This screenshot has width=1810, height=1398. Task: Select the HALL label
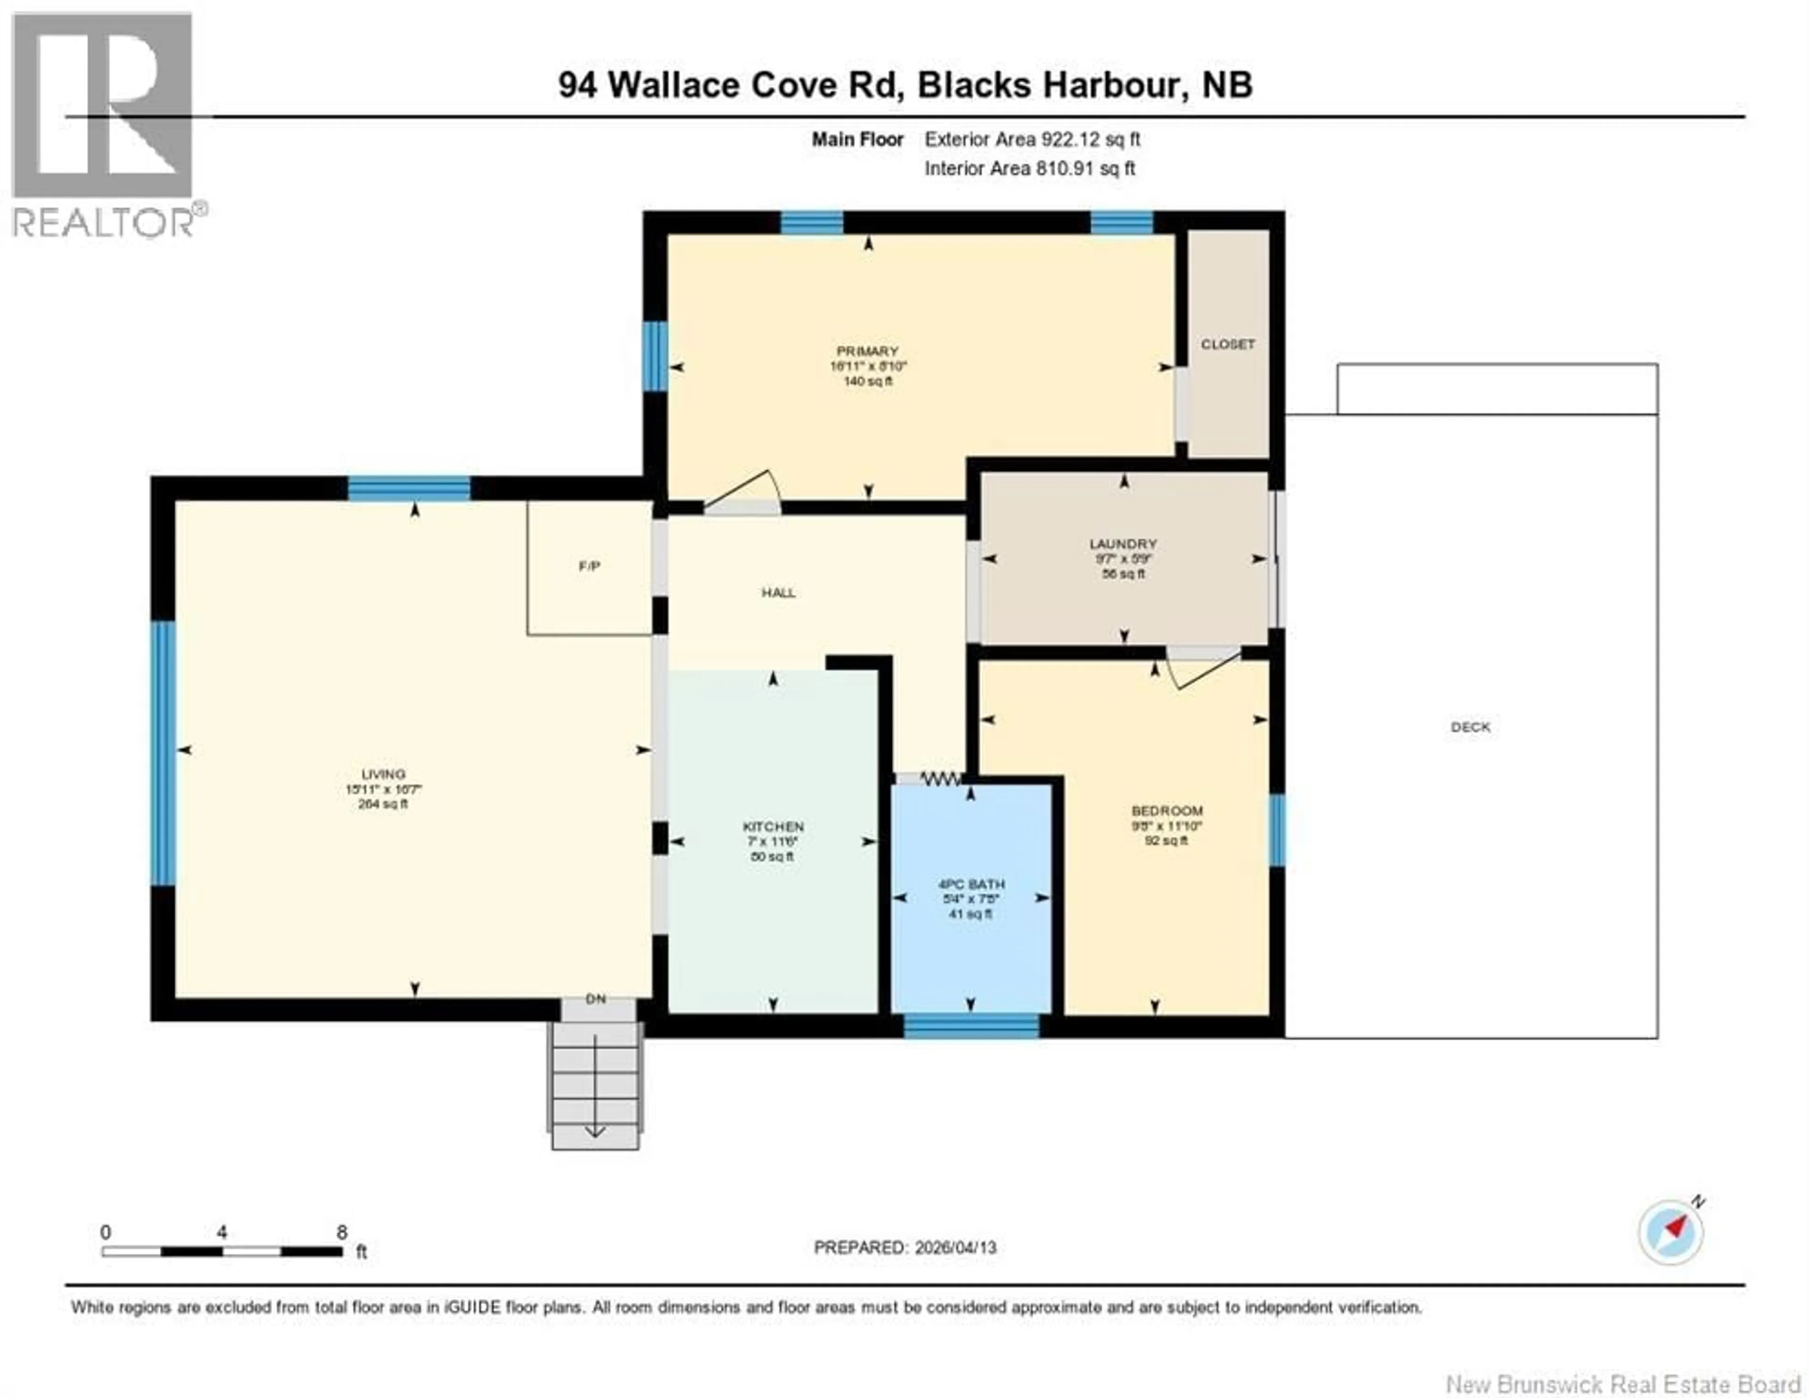point(778,593)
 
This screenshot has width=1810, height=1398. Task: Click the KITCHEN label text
point(773,826)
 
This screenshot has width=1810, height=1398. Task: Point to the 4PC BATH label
point(971,884)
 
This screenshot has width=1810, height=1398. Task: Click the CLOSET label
point(1227,344)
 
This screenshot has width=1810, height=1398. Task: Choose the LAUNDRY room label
point(1123,544)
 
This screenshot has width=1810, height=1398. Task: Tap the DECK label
point(1470,727)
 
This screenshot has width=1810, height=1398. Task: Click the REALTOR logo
point(103,124)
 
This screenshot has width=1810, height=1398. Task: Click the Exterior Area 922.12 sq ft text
point(1032,139)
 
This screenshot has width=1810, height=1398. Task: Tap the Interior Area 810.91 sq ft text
point(1029,168)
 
